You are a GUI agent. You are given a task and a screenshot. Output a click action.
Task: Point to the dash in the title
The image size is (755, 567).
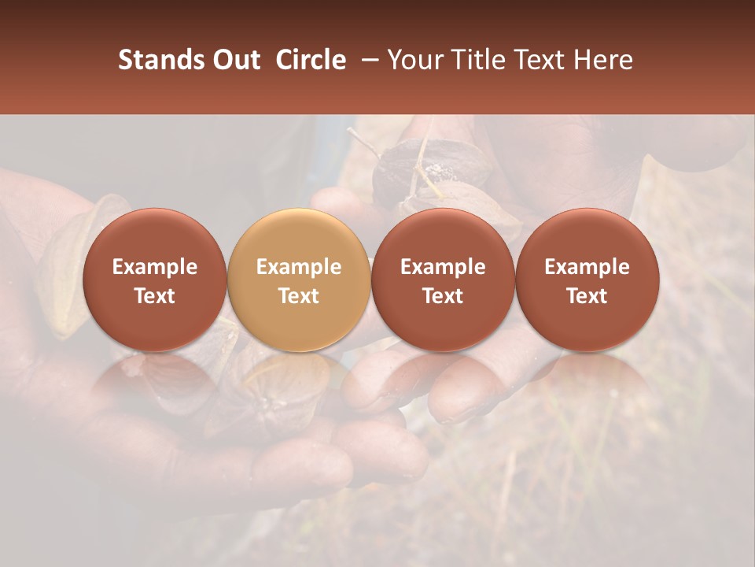[x=366, y=60]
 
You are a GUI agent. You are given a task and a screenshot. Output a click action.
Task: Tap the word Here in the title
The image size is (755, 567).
[x=603, y=60]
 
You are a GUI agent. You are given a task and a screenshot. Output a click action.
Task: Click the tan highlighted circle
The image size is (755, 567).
[x=299, y=280]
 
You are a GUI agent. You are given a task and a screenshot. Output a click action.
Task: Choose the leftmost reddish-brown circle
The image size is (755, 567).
[x=154, y=280]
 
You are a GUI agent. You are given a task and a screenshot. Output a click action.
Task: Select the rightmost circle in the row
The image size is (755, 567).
[x=587, y=280]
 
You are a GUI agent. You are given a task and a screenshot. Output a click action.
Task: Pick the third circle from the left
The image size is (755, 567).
[x=443, y=280]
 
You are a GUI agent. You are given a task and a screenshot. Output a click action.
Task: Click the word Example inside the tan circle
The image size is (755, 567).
[x=299, y=267]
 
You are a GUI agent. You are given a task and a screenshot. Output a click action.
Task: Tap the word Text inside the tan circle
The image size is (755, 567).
[x=299, y=296]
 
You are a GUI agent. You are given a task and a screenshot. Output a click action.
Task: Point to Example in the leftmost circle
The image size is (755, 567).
[x=154, y=267]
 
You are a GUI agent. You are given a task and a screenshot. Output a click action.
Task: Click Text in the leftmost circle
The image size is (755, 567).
[x=154, y=296]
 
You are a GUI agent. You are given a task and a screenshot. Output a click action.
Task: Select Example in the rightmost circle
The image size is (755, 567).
[x=587, y=267]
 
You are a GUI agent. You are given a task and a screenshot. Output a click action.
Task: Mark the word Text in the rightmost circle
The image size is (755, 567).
[x=587, y=296]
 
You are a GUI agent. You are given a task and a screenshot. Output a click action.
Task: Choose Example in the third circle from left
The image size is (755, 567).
[x=443, y=267]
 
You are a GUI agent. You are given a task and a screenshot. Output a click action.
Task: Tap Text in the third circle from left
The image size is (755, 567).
[x=443, y=296]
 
